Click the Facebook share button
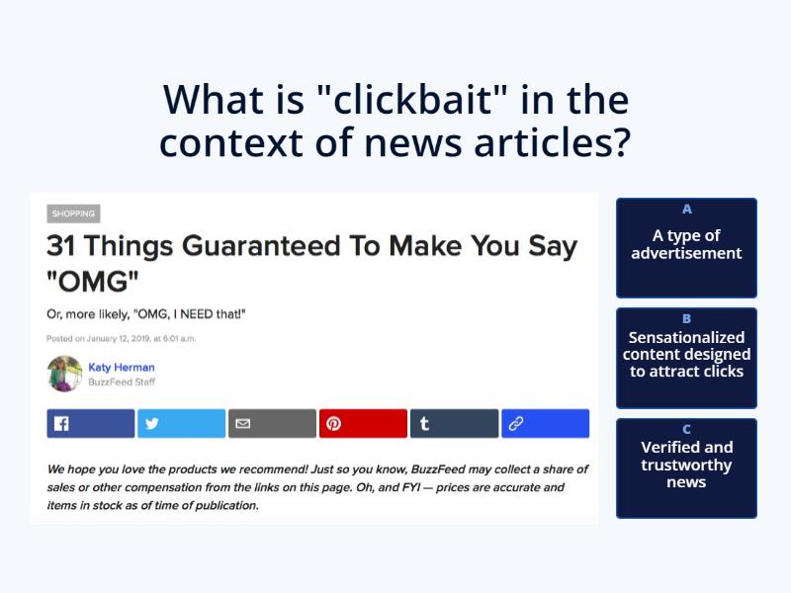(x=90, y=423)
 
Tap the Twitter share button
(x=182, y=423)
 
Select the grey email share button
(x=272, y=423)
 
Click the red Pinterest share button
(x=363, y=423)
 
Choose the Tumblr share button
(x=454, y=423)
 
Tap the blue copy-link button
(x=545, y=423)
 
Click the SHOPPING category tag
(x=73, y=213)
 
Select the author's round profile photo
(x=64, y=374)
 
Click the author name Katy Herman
(x=122, y=368)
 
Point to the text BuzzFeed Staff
(x=122, y=381)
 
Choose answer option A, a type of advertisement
(x=686, y=247)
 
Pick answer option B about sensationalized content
(x=686, y=357)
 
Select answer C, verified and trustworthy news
(x=686, y=467)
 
